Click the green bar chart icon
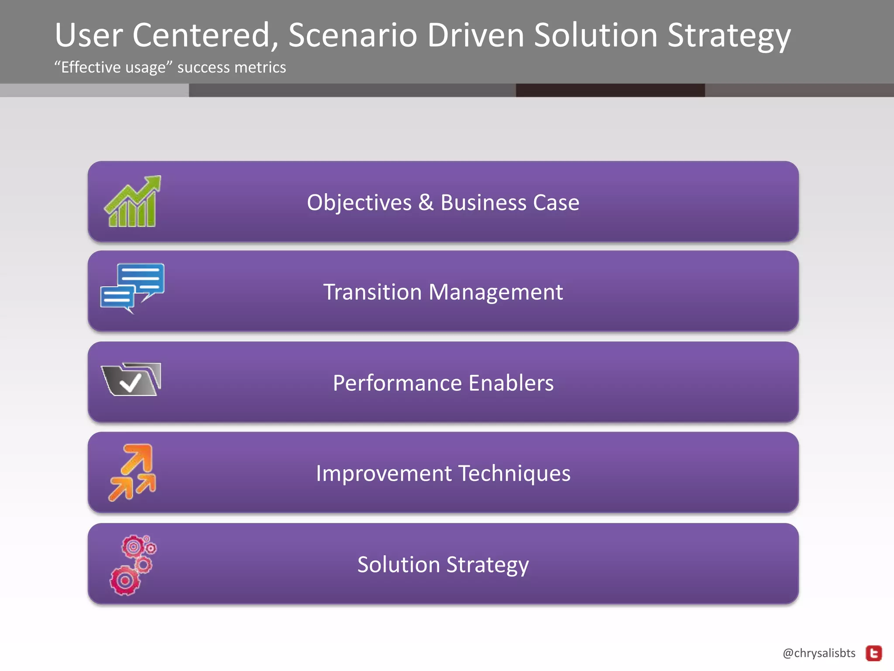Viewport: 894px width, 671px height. pos(132,202)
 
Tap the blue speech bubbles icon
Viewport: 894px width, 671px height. pos(132,287)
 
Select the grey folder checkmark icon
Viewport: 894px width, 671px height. pos(131,379)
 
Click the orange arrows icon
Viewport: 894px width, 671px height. pos(132,472)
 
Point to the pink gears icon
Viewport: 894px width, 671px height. pos(132,565)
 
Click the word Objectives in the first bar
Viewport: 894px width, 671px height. pos(359,203)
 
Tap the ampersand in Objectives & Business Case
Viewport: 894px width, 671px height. pos(426,203)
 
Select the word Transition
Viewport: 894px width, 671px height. pos(372,292)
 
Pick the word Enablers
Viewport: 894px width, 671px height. pos(511,383)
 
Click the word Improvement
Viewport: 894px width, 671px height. pos(384,474)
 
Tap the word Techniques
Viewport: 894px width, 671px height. pos(514,474)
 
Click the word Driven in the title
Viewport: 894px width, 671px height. pos(475,35)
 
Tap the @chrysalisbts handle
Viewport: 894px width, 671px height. pos(819,653)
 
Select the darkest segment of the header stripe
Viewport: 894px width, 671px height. pos(610,90)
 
